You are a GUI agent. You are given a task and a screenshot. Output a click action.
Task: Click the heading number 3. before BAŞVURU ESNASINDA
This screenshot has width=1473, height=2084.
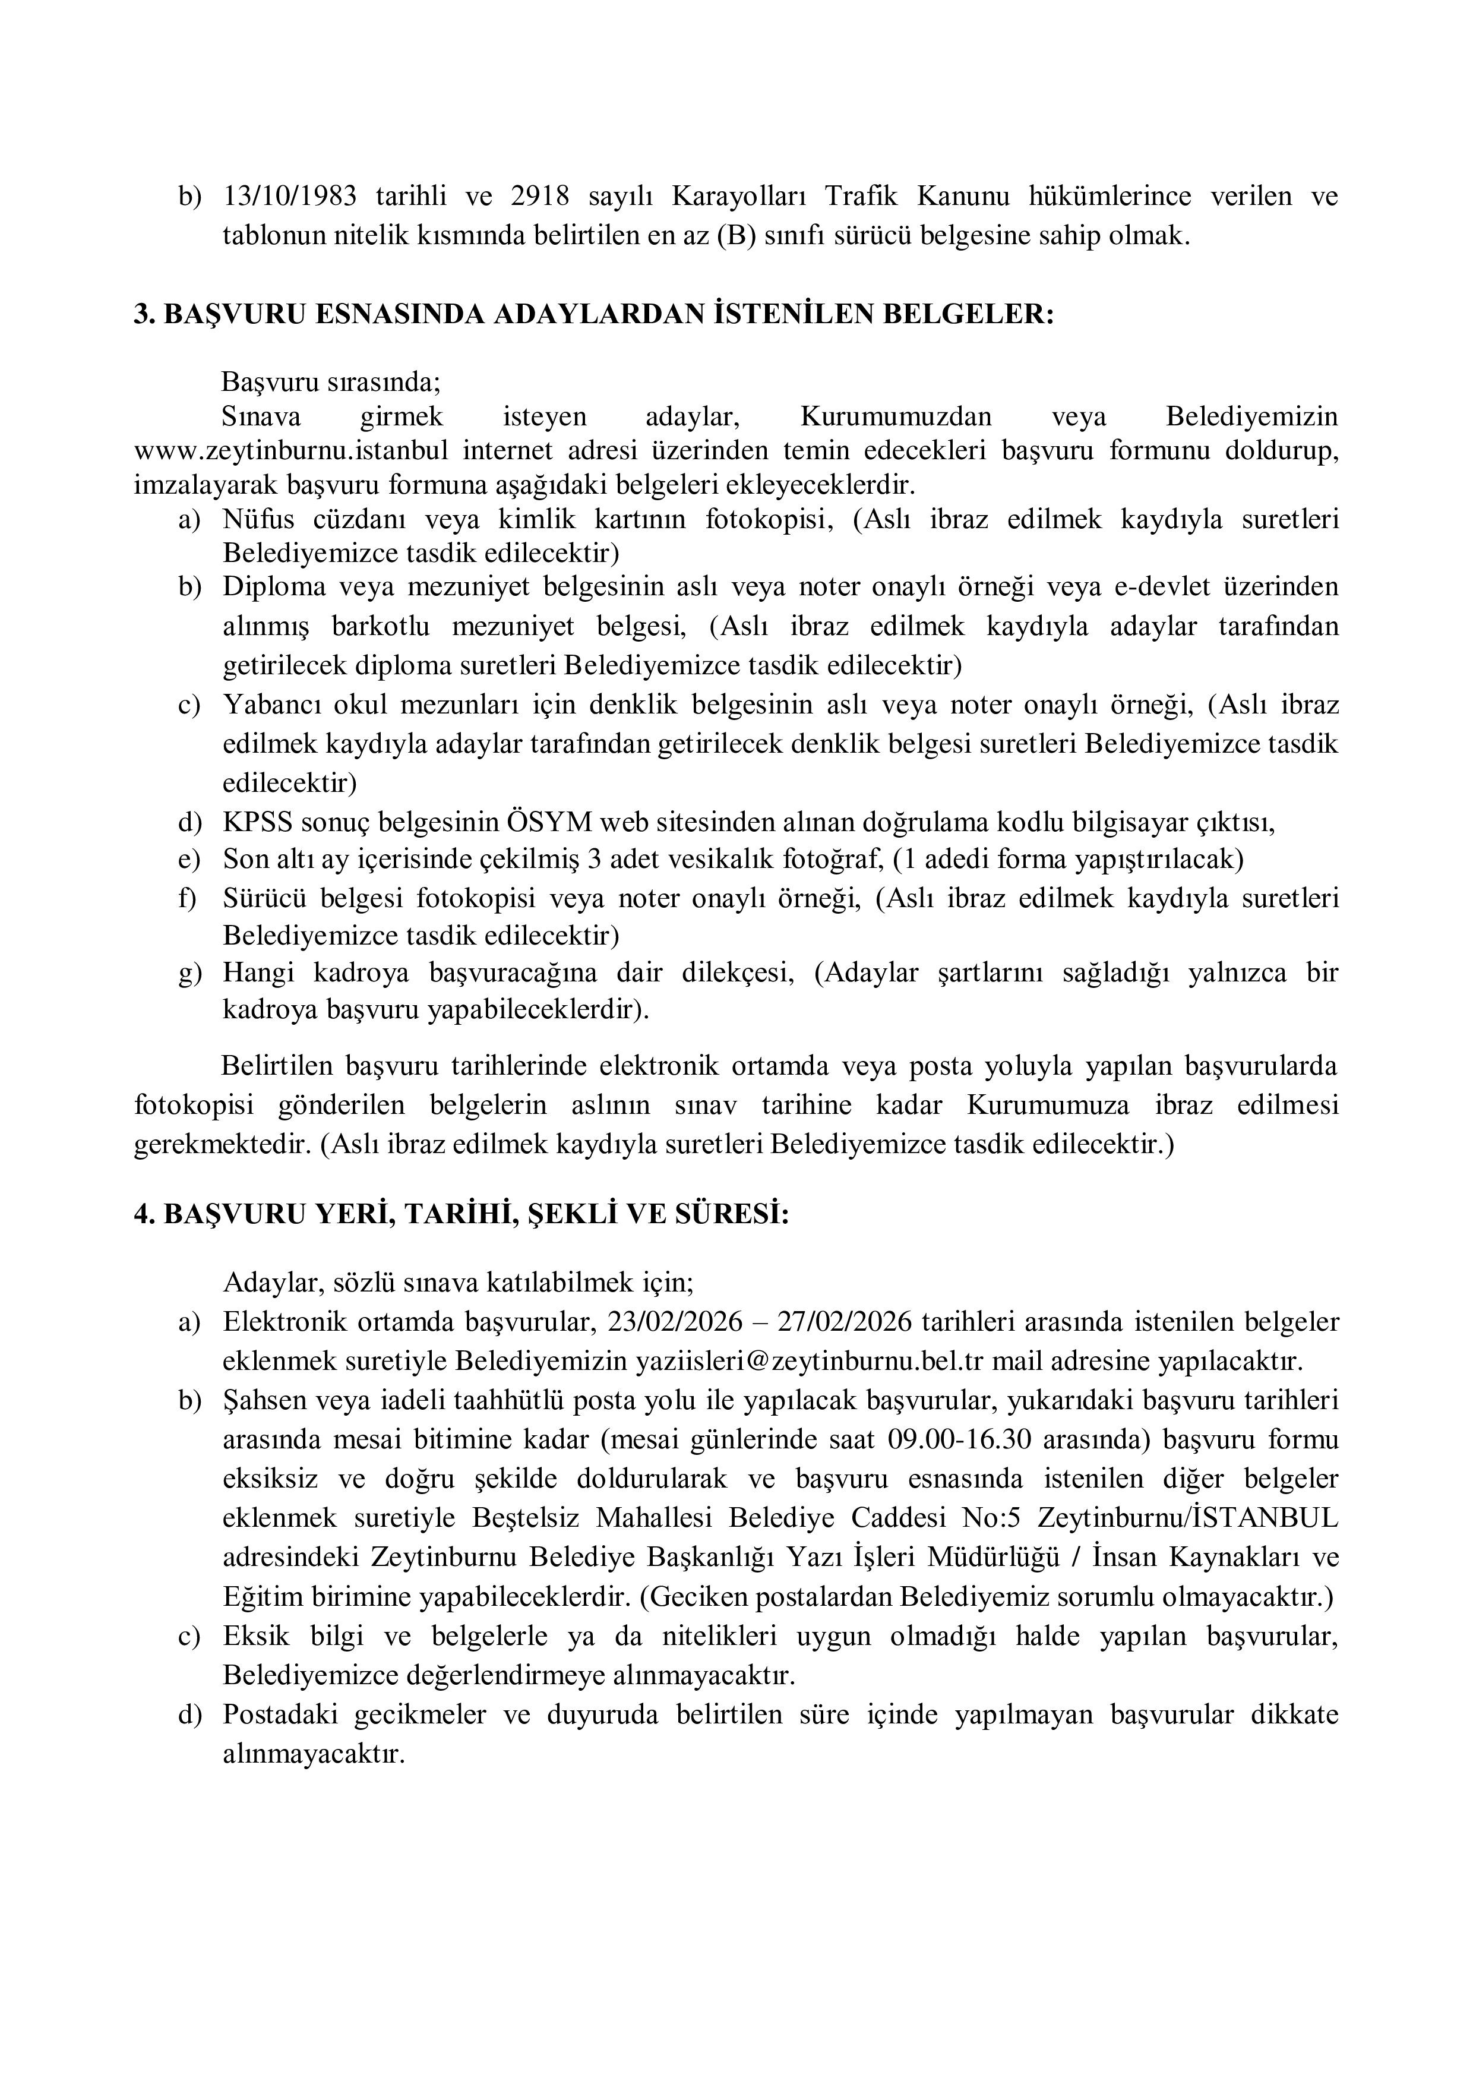pos(145,315)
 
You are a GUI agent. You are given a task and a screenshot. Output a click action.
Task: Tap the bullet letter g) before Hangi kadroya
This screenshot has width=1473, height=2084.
pos(189,973)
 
